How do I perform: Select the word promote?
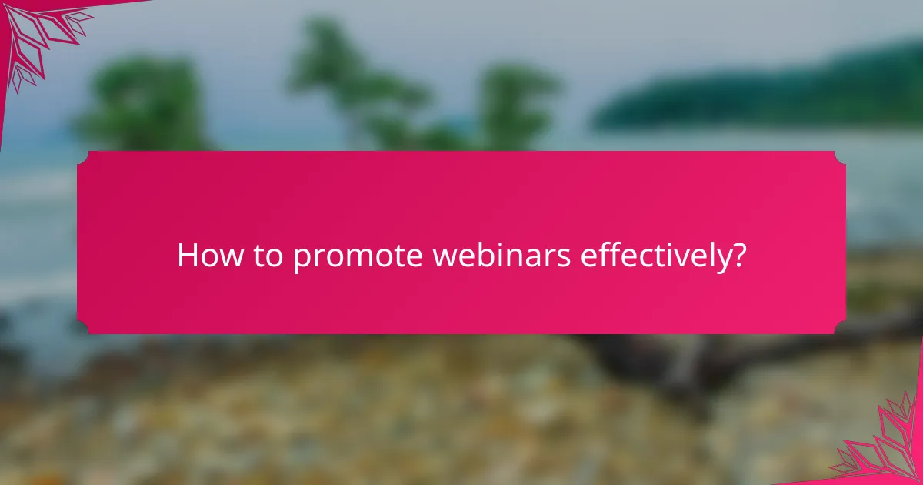pos(358,257)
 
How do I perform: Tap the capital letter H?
pos(186,256)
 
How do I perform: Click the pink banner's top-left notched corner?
pos(82,157)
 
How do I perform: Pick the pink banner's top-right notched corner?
pos(840,157)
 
